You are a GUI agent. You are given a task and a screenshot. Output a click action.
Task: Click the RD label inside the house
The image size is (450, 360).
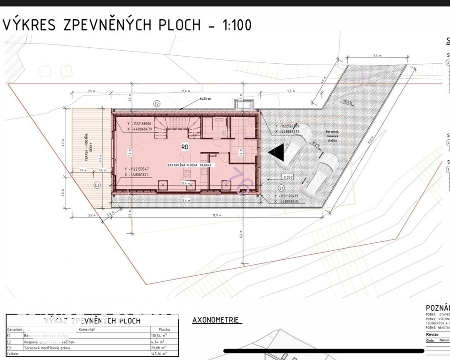185,147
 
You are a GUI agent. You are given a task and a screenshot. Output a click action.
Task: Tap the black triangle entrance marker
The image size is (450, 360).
276,152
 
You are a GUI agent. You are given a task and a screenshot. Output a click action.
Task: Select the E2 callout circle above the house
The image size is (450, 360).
157,104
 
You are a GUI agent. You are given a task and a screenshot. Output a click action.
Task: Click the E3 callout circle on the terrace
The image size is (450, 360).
97,185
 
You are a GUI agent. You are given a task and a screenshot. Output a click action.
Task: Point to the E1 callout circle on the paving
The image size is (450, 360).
281,187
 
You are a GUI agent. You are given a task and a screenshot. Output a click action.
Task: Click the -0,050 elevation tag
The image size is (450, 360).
287,177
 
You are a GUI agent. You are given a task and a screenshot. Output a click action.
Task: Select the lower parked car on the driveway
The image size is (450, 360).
320,173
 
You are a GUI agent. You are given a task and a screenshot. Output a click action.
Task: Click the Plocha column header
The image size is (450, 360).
164,330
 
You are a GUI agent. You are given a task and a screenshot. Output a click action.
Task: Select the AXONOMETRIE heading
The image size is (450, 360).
216,320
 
